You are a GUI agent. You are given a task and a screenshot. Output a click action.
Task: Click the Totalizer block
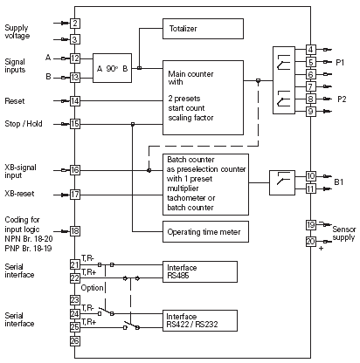(203, 29)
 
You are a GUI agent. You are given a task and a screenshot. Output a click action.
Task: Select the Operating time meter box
(205, 231)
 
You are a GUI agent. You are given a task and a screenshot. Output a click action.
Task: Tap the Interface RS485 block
(200, 271)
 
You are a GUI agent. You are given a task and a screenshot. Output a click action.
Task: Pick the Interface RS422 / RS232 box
(200, 320)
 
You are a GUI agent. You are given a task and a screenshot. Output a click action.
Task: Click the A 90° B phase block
(112, 68)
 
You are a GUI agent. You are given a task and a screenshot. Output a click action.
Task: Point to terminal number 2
(75, 24)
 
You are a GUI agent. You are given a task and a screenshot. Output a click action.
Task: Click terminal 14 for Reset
(75, 101)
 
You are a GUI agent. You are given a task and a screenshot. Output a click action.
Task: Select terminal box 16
(75, 170)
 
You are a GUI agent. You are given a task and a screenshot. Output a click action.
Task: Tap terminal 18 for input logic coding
(75, 231)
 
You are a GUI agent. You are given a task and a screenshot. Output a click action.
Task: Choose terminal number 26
(75, 341)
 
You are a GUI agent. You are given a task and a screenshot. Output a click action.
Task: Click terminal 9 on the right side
(311, 112)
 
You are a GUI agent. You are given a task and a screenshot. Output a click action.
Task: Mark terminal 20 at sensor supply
(311, 242)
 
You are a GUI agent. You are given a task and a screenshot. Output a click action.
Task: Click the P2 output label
(342, 99)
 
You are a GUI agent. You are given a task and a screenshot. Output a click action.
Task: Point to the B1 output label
(339, 182)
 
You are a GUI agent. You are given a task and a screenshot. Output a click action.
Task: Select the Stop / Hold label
(24, 124)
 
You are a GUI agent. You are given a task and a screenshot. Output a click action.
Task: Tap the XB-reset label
(19, 194)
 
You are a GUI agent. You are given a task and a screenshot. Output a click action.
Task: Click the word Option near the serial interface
(92, 288)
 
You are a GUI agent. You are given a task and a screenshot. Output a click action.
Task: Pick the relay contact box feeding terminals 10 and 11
(282, 182)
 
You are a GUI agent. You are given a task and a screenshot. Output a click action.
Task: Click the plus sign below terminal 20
(321, 249)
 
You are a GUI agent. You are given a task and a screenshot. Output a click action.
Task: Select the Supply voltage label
(17, 31)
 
